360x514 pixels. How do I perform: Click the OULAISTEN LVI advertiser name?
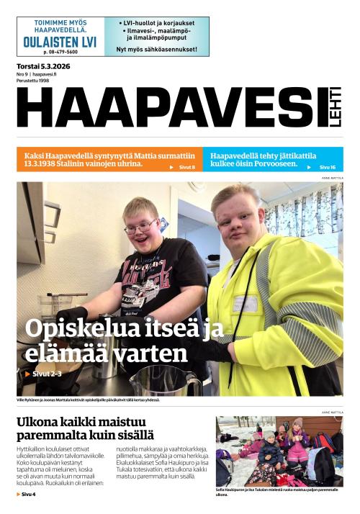click(60, 42)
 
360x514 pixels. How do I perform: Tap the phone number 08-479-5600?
click(60, 53)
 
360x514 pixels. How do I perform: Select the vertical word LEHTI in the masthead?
click(336, 109)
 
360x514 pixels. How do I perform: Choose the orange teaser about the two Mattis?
click(108, 159)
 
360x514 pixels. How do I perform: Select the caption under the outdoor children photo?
click(277, 492)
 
